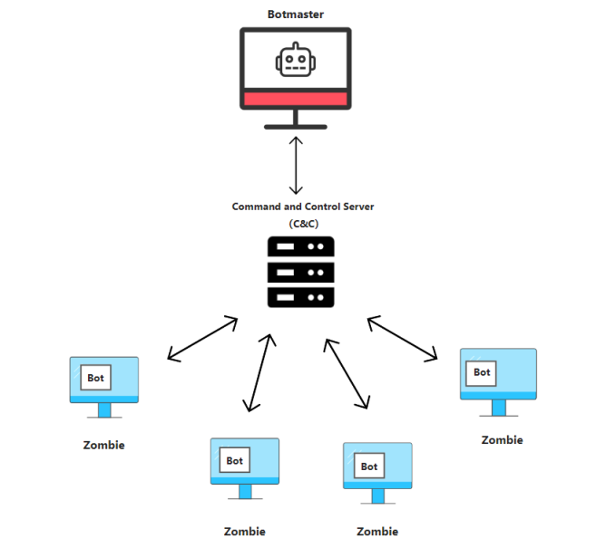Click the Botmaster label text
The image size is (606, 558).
click(295, 14)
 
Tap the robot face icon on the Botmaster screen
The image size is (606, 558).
click(295, 62)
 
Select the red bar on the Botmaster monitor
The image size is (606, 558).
click(295, 99)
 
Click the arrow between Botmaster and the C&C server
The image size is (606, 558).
click(295, 165)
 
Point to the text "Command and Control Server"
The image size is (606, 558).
click(302, 207)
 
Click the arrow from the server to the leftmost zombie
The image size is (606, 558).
click(201, 339)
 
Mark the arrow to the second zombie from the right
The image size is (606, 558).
click(347, 372)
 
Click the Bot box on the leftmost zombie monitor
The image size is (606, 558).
click(96, 378)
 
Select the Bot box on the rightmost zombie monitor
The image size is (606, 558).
click(482, 371)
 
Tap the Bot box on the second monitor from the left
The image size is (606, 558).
click(235, 460)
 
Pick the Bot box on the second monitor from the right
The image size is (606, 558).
click(369, 466)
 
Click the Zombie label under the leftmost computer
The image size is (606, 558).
click(103, 445)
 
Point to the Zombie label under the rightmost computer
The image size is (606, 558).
click(502, 439)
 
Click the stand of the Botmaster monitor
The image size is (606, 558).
click(295, 121)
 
